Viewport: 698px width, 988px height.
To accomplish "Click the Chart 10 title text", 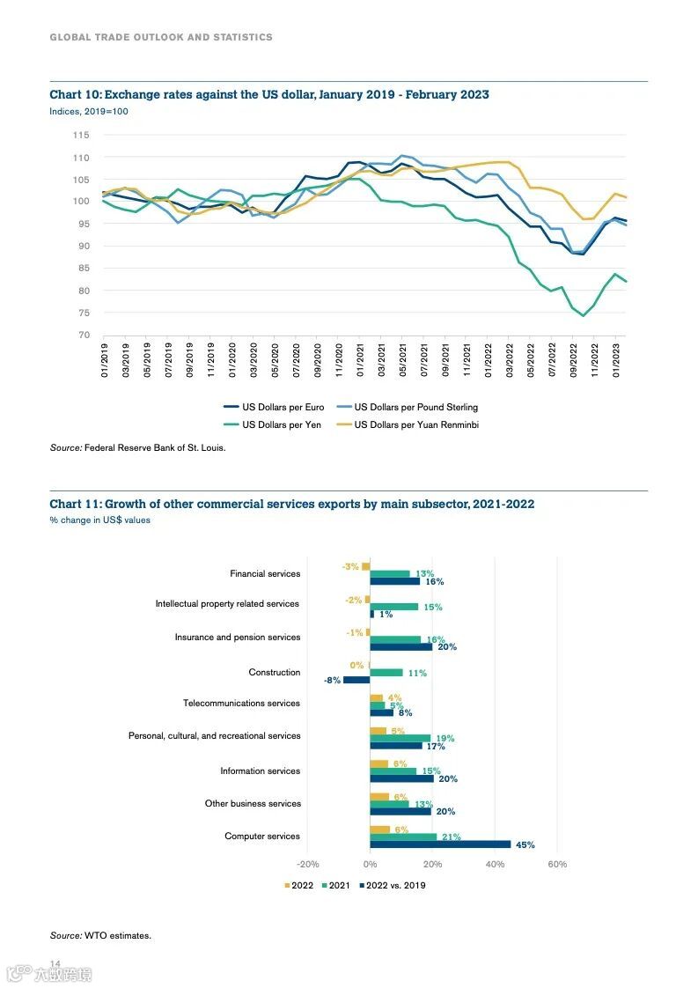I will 269,95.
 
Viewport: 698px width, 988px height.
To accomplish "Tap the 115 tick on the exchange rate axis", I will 81,135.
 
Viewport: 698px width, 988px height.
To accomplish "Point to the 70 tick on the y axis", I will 84,335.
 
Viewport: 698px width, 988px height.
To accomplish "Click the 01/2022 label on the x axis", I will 489,362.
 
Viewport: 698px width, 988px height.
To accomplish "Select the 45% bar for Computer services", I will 440,844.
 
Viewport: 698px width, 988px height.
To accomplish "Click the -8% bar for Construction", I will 356,680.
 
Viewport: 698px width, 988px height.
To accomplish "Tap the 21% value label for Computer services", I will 451,837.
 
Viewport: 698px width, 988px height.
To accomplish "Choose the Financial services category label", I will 265,574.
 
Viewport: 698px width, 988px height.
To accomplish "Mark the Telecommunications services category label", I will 241,704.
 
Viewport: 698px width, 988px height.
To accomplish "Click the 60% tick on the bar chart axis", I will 557,865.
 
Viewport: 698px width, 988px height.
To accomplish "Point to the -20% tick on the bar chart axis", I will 308,865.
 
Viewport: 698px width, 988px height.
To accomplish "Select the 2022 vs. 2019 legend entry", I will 394,885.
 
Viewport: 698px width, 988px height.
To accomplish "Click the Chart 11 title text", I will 291,505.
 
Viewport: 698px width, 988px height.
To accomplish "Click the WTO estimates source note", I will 100,935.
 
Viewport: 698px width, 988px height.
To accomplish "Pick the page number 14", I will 55,963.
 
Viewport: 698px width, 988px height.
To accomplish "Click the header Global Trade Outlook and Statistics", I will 161,37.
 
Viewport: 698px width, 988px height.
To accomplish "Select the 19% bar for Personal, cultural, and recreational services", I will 400,738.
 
